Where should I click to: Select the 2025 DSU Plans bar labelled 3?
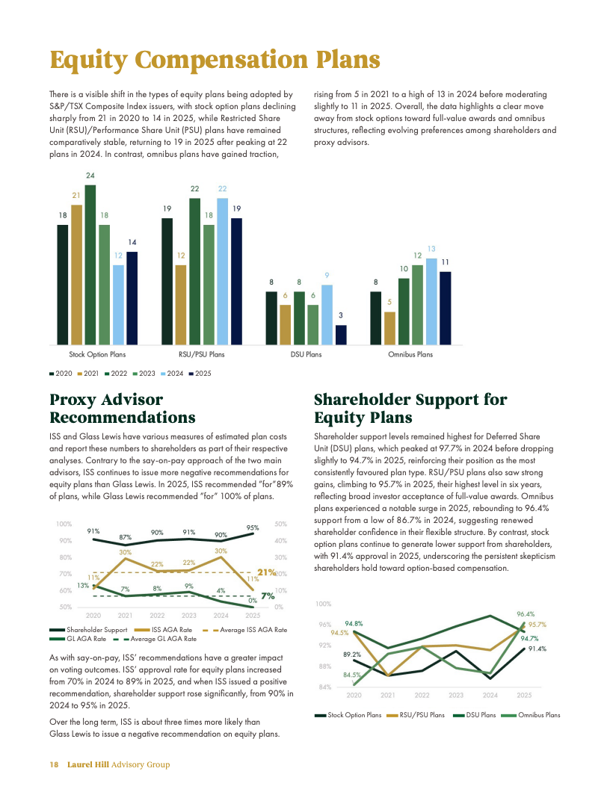tap(341, 335)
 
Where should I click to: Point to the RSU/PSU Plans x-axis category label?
tap(201, 354)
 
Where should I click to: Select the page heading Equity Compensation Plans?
tap(215, 60)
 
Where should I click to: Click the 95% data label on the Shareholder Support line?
tap(253, 527)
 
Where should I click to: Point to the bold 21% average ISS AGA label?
tap(267, 572)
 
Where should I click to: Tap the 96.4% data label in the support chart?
tap(526, 614)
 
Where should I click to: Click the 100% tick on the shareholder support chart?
tap(323, 604)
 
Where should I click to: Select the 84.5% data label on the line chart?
tap(352, 675)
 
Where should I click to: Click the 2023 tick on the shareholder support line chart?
tap(456, 695)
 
